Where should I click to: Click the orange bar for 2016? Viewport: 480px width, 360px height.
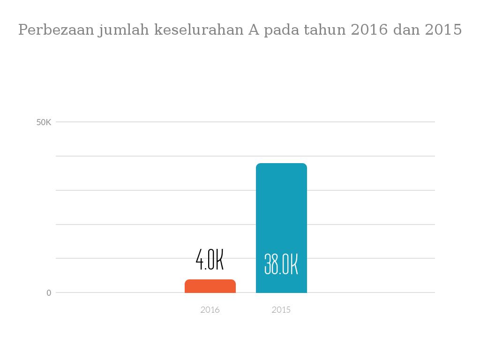(x=210, y=286)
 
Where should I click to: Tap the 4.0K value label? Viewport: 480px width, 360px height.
(x=210, y=260)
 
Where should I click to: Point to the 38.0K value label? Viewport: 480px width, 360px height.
(x=281, y=264)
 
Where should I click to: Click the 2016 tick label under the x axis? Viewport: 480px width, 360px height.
(x=210, y=310)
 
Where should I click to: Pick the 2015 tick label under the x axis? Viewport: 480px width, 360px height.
(x=281, y=310)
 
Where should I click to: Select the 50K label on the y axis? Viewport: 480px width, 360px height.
(x=44, y=122)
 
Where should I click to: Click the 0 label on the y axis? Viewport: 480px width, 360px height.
(x=49, y=293)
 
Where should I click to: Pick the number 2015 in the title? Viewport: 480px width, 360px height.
(x=443, y=30)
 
